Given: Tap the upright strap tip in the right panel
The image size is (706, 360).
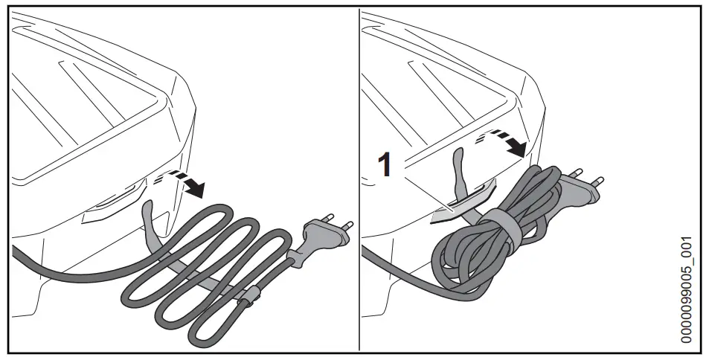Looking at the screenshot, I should point(460,160).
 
